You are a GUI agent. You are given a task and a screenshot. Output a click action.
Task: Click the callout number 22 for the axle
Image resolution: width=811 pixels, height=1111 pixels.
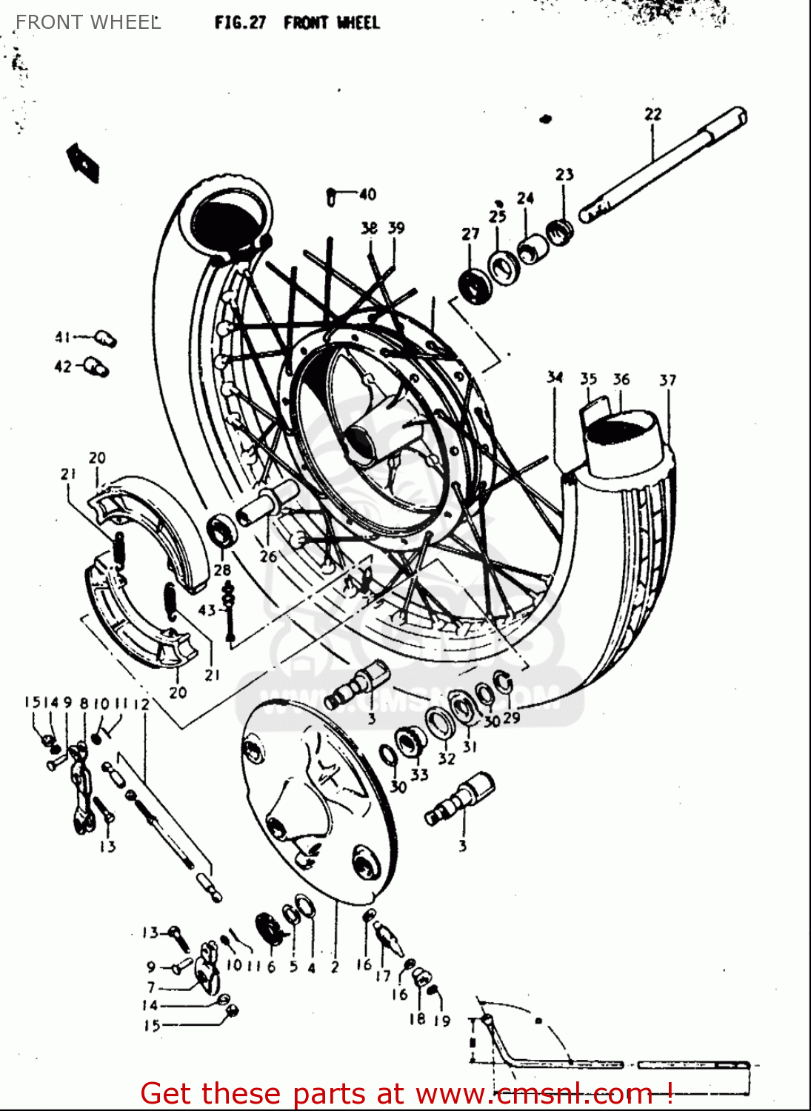[653, 114]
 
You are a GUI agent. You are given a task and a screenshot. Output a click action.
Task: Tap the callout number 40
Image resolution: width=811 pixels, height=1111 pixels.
[367, 194]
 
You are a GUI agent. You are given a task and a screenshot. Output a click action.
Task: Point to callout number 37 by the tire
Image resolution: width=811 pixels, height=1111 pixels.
[667, 380]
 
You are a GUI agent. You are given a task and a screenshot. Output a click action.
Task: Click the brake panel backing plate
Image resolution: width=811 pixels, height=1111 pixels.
[318, 800]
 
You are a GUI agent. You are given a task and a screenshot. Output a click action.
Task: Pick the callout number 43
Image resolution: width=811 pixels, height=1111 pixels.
[207, 610]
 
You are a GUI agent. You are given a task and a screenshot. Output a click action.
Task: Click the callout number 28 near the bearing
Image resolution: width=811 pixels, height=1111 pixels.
[222, 570]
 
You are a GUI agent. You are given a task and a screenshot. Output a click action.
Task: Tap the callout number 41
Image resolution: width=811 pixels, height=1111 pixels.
[63, 337]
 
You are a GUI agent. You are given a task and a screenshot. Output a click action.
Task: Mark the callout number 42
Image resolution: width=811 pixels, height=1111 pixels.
[63, 366]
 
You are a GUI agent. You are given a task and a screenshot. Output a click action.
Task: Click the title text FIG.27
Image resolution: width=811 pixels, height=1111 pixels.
[240, 22]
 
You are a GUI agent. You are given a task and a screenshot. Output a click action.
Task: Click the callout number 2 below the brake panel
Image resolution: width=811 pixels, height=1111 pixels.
[335, 967]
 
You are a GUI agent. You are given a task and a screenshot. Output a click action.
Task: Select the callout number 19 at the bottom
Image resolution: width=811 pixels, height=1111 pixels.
[442, 1021]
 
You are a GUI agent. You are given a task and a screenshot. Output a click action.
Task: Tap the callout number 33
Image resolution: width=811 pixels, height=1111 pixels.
[419, 775]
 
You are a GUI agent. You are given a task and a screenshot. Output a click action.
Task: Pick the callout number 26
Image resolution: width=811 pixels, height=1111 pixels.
[268, 555]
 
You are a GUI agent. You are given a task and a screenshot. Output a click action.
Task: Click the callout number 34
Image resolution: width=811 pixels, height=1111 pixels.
[555, 377]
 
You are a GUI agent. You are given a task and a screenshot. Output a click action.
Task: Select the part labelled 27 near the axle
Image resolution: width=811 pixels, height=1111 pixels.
[475, 285]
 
